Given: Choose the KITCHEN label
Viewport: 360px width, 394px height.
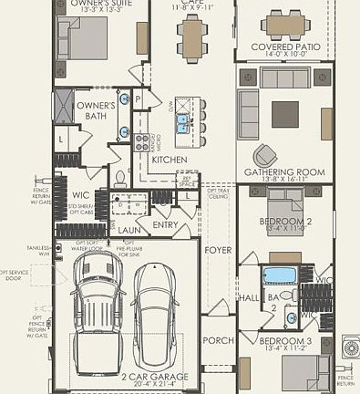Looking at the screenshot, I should point(170,160).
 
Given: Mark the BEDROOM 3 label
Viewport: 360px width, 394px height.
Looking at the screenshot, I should point(284,340).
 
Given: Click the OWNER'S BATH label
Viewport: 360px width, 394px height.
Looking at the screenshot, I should point(95,110).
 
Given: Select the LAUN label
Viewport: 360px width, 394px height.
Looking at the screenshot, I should point(129,231).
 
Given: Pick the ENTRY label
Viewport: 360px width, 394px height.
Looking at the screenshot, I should point(166,224).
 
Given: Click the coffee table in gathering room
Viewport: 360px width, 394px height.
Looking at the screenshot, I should point(285,113).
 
